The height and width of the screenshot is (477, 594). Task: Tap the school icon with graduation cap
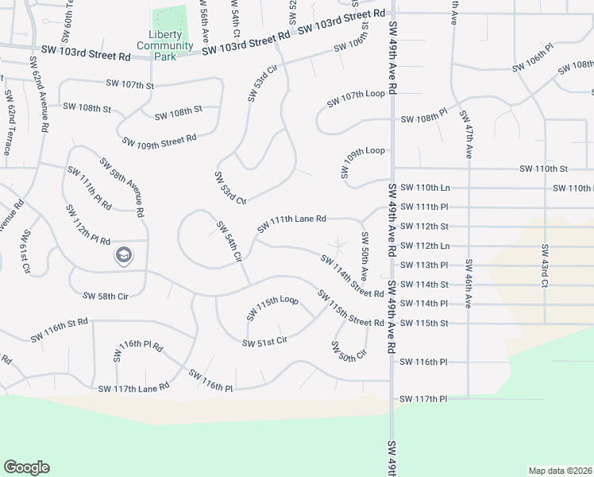point(123,255)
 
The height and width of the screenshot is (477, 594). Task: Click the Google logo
point(26,467)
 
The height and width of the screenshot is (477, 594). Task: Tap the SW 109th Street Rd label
point(159,142)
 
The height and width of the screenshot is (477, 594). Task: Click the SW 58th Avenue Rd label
point(121,187)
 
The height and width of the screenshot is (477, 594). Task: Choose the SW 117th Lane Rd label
point(134,388)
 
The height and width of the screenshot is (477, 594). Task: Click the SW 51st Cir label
point(264,342)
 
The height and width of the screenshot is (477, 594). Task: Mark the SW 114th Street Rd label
point(352,276)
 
